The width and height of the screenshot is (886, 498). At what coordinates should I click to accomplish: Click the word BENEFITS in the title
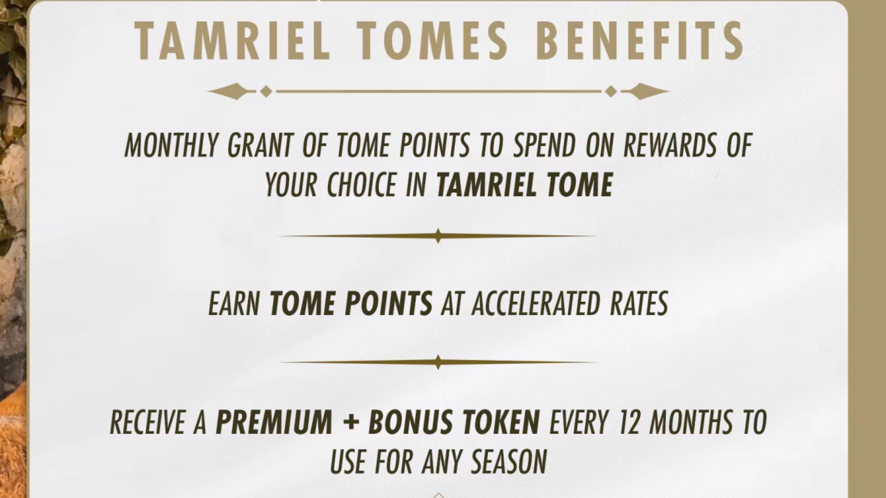tap(641, 41)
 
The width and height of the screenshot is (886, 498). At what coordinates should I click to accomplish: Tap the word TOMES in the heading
tap(433, 41)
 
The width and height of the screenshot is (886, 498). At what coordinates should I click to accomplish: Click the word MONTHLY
tap(171, 146)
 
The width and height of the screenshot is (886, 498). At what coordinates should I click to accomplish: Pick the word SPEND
tap(545, 146)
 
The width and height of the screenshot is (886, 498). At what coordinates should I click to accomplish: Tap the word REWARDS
tap(670, 146)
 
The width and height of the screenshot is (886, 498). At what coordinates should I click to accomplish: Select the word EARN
tap(234, 304)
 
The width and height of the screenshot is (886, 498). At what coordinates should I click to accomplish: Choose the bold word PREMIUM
tap(274, 422)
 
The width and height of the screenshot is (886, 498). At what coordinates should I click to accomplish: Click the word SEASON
tap(509, 461)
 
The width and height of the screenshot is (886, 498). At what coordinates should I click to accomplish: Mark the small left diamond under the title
tap(266, 91)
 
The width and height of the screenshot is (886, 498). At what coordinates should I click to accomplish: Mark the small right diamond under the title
tap(611, 91)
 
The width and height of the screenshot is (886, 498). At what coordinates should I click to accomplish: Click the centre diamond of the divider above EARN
tap(438, 236)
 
